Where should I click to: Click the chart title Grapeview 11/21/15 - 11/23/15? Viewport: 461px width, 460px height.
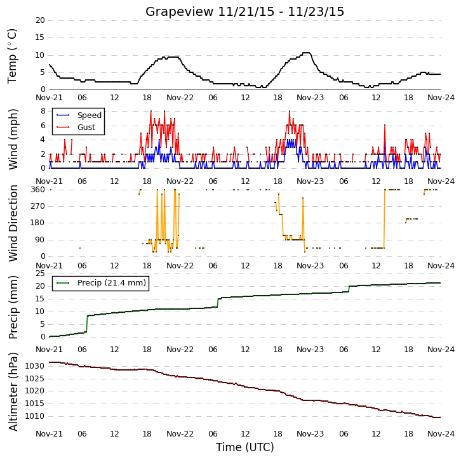tap(244, 12)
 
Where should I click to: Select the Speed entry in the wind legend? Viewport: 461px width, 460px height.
tap(79, 115)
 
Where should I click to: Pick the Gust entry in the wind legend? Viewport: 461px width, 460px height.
tap(76, 127)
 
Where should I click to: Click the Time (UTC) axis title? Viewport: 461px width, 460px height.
tap(245, 447)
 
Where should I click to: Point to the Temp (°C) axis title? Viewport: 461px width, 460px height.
tap(12, 56)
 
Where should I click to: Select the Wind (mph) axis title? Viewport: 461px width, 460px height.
tap(13, 139)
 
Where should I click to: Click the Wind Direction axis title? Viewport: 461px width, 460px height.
tap(13, 223)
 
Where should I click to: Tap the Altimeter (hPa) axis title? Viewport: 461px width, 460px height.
tap(13, 392)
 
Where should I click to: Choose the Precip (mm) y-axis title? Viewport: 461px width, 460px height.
tap(13, 308)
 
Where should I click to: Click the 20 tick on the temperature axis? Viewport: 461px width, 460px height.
tap(40, 20)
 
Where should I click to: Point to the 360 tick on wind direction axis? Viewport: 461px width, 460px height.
tap(38, 190)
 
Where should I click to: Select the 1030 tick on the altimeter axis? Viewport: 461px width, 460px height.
tap(35, 366)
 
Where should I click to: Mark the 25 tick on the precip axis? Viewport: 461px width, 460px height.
tap(40, 273)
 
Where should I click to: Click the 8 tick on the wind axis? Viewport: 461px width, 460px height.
tap(43, 111)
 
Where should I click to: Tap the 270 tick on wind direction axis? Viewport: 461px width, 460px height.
tap(38, 206)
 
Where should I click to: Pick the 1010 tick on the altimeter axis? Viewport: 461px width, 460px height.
tap(35, 416)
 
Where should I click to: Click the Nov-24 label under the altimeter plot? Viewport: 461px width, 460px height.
tap(441, 434)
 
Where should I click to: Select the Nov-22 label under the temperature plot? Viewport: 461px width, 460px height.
tap(180, 98)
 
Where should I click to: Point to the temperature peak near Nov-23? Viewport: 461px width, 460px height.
tap(307, 53)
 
